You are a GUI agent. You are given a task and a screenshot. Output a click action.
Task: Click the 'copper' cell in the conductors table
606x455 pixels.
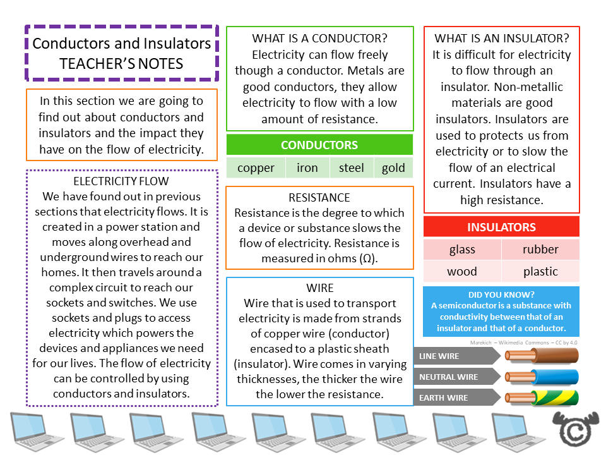[256, 168]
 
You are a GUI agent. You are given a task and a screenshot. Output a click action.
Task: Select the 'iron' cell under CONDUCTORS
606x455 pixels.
[307, 168]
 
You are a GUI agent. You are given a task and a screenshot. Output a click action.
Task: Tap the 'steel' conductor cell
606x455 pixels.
[351, 168]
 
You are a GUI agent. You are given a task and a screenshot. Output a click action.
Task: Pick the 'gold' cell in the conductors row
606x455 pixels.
[393, 168]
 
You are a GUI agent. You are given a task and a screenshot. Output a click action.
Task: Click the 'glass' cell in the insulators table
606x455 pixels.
[462, 250]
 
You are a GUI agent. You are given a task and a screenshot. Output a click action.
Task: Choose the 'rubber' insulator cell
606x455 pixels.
[540, 250]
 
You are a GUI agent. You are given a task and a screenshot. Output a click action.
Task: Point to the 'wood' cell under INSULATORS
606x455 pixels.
[462, 272]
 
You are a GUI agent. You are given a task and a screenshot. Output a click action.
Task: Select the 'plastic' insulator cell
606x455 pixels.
[540, 272]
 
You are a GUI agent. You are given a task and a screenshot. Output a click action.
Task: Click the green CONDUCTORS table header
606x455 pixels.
[319, 145]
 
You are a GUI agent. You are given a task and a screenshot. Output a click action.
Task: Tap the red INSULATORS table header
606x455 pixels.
[501, 227]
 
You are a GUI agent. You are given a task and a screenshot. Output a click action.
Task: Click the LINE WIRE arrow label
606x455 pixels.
[454, 356]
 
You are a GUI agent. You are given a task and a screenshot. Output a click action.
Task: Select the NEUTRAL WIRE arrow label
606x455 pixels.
[454, 377]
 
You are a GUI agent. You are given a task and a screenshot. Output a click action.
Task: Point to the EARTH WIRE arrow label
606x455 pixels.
[454, 398]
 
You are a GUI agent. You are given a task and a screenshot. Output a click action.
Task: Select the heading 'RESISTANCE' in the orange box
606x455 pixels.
[319, 198]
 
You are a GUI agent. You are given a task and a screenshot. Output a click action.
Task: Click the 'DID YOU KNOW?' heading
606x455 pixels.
[501, 295]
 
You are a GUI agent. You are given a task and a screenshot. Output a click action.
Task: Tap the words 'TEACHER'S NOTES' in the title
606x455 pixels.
[122, 64]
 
